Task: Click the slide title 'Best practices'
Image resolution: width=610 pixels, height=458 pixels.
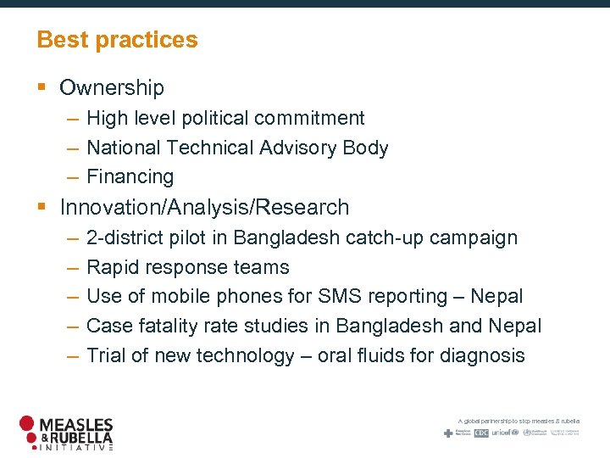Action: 117,40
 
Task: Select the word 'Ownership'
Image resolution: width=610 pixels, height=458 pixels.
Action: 112,87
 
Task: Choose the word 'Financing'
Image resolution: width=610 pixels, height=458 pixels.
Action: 130,176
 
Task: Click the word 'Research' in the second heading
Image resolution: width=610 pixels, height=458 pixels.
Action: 308,207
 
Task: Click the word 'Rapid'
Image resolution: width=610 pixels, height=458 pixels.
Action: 112,267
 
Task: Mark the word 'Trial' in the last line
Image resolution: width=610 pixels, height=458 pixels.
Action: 107,355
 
